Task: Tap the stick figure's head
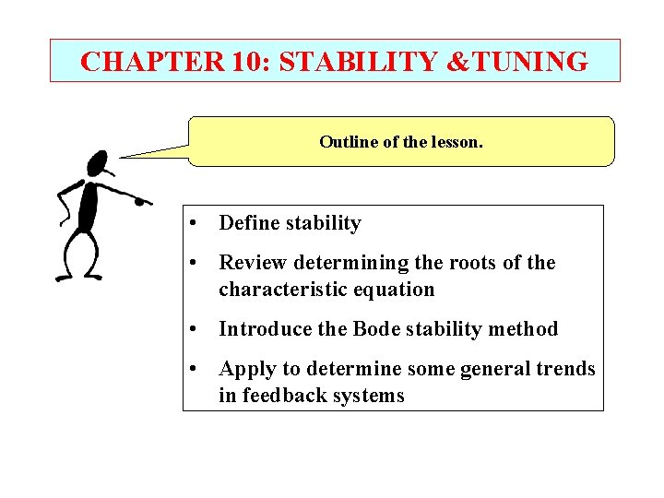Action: tap(97, 165)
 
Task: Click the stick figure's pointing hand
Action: tap(142, 199)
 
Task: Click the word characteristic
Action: tap(280, 289)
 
